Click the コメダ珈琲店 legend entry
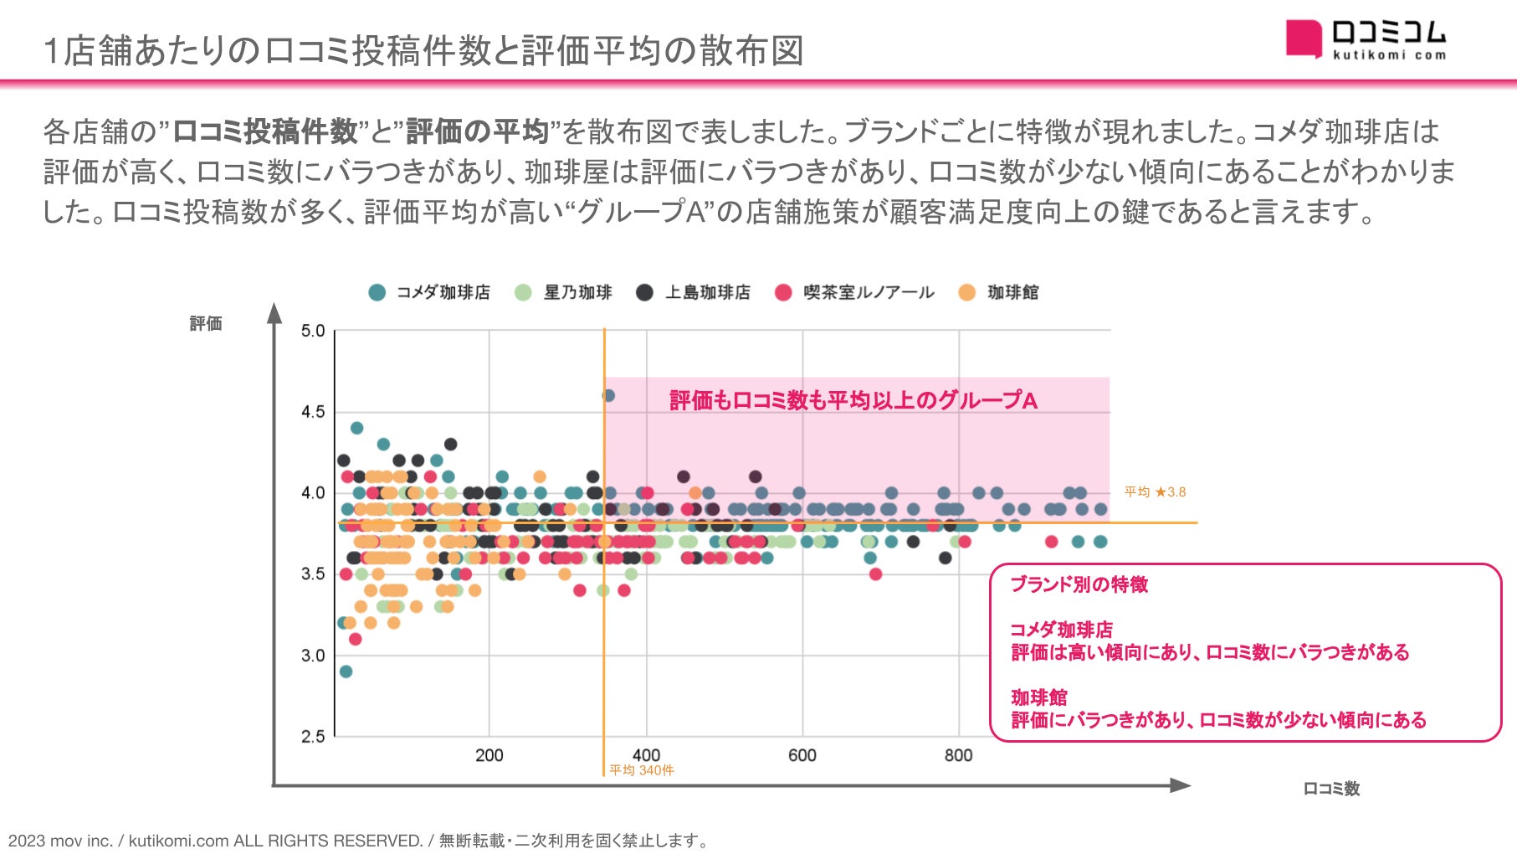(x=430, y=292)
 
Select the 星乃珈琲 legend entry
(x=565, y=292)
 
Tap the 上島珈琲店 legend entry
(x=694, y=292)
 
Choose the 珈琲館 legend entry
(x=999, y=292)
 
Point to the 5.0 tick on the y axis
(x=313, y=331)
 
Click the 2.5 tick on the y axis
(x=313, y=737)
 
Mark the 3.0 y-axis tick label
(x=313, y=656)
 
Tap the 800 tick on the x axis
(x=958, y=755)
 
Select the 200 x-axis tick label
(x=489, y=755)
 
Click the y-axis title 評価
(x=206, y=323)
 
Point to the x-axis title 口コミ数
(x=1331, y=789)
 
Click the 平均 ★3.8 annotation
(x=1155, y=492)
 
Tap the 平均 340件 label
(x=641, y=770)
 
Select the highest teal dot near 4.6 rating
(x=608, y=395)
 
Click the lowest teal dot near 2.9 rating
(x=346, y=671)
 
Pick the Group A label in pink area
(x=853, y=400)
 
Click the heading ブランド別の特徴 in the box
(x=1079, y=584)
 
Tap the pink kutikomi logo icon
(x=1303, y=39)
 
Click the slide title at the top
(x=423, y=50)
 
